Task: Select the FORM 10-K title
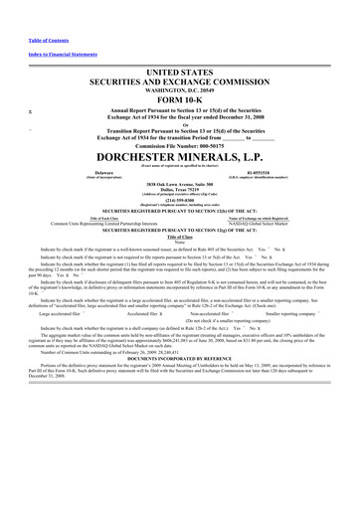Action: click(179, 100)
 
